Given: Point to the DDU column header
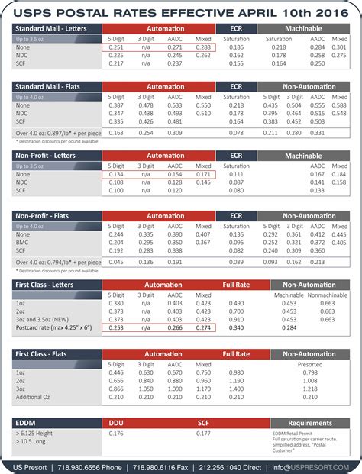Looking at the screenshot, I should [116, 422].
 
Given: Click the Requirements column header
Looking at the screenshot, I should [309, 422].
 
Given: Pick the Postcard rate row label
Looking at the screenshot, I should [53, 327].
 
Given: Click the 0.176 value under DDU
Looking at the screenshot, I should [116, 434].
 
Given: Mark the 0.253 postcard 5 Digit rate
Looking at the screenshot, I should [116, 327].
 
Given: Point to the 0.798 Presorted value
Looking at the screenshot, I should [309, 372].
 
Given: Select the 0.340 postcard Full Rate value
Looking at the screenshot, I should [236, 327].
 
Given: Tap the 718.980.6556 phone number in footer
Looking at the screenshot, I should [82, 466].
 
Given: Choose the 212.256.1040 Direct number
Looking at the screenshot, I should [228, 466].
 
